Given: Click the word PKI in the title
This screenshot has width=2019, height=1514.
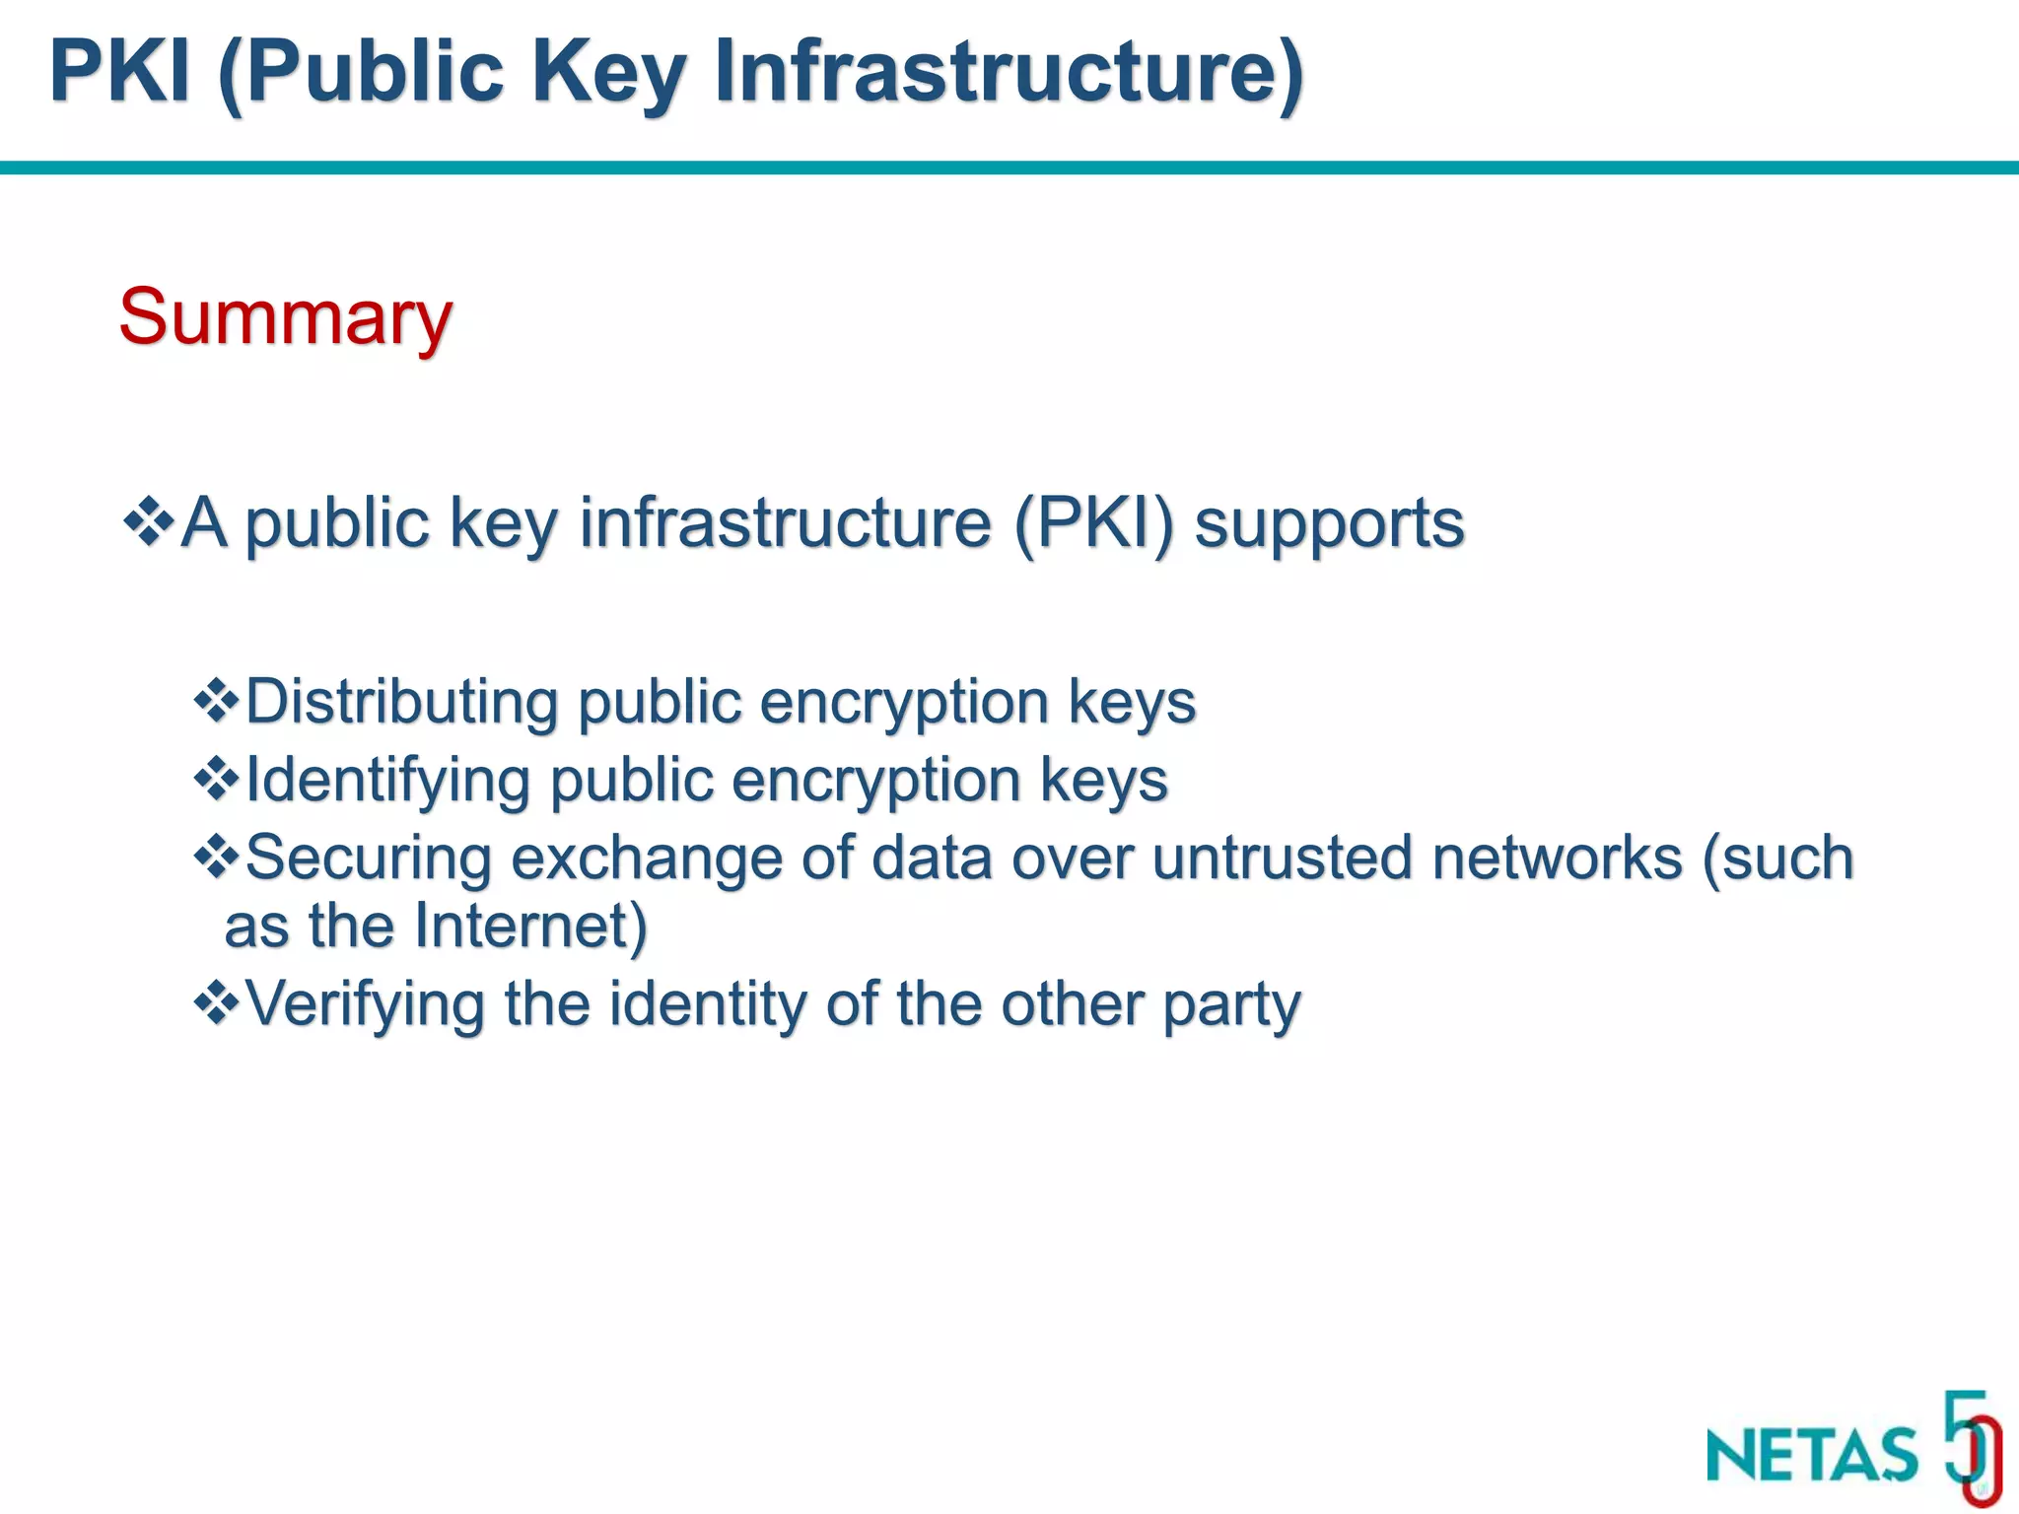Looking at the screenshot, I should pos(119,71).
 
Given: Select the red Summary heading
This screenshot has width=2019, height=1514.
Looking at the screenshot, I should pos(285,317).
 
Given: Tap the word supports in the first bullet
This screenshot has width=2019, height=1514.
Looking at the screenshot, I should pos(1329,522).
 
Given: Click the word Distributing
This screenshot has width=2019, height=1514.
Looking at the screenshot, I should pos(401,703).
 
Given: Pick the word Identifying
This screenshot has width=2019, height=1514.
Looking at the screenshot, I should pos(386,781).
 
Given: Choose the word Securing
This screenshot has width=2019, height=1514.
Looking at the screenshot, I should pos(368,858).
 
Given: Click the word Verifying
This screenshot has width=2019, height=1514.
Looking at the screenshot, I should pos(365,1004).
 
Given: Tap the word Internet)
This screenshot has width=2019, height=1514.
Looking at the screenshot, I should pos(530,927).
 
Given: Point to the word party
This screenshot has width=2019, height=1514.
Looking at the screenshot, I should pos(1231,1004).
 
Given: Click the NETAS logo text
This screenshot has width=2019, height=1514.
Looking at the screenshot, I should pos(1812,1455).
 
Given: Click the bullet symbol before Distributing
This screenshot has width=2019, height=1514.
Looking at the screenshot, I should pos(216,702).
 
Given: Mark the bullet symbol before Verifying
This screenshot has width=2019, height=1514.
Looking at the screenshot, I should pos(216,1003).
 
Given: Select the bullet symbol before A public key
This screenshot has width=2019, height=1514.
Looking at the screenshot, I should pos(149,521).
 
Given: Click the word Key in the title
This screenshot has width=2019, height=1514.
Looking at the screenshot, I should pos(607,71).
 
